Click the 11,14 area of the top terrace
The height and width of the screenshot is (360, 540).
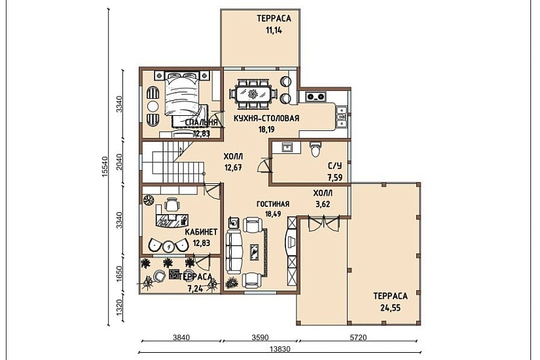point(274,30)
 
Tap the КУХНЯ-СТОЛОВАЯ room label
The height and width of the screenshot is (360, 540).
point(266,118)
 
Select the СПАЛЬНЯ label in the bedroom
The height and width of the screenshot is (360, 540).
point(201,123)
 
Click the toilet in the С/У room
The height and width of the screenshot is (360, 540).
point(315,149)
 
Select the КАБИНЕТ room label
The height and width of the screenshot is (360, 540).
point(201,232)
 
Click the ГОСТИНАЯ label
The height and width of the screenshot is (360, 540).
point(273,204)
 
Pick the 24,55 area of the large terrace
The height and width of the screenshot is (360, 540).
point(391,308)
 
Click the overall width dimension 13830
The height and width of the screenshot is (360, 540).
point(280,349)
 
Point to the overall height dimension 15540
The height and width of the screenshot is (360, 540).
point(105,167)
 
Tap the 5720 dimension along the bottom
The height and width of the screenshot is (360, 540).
point(358,338)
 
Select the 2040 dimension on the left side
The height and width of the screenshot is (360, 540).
point(119,162)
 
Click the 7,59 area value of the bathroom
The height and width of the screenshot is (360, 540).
point(334,178)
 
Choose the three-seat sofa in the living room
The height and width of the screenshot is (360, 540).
point(232,252)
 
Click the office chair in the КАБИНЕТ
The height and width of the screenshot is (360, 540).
point(171,205)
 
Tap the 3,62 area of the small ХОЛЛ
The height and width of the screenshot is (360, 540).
point(323,204)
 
